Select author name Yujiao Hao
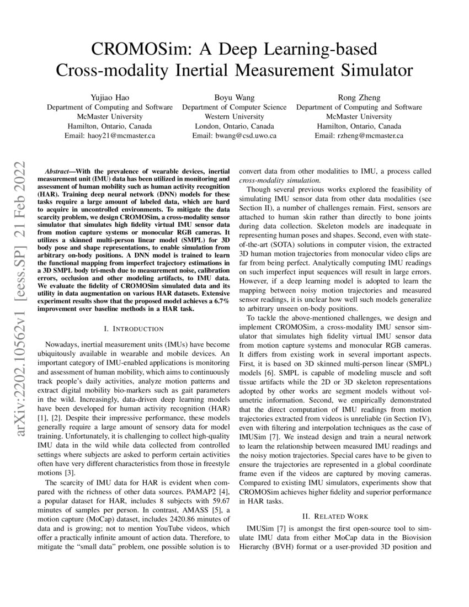(109, 97)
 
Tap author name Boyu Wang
(234, 97)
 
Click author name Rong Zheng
(359, 97)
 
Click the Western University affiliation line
(234, 116)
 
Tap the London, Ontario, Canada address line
(234, 125)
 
